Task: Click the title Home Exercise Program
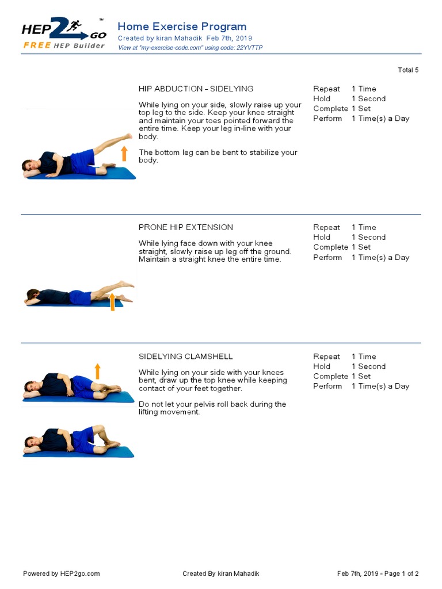[182, 26]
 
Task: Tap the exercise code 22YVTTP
[249, 48]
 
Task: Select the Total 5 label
[408, 70]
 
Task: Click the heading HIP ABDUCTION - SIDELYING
[196, 89]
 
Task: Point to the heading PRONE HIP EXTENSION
[186, 227]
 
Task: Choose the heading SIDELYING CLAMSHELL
[186, 357]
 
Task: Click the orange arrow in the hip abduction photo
[124, 154]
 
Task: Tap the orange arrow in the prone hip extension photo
[112, 301]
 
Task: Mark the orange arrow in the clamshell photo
[97, 371]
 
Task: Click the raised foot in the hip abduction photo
[128, 137]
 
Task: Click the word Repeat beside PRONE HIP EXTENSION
[326, 227]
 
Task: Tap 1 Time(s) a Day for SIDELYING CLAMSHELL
[380, 386]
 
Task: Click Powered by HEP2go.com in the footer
[62, 573]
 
